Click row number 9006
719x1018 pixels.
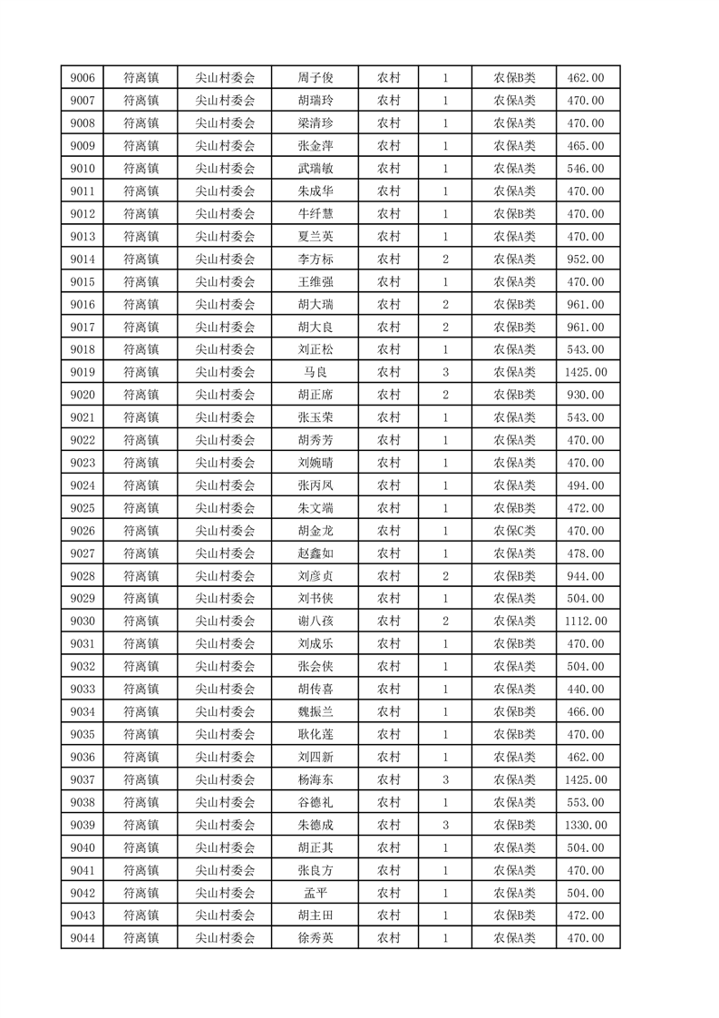pyautogui.click(x=82, y=78)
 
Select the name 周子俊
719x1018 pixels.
pyautogui.click(x=315, y=78)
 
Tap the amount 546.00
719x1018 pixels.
pyautogui.click(x=585, y=169)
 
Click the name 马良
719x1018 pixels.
pyautogui.click(x=315, y=372)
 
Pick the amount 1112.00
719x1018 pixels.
pyautogui.click(x=585, y=622)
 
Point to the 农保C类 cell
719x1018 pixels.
pyautogui.click(x=514, y=531)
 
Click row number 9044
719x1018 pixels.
pyautogui.click(x=82, y=938)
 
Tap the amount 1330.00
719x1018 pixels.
pyautogui.click(x=585, y=825)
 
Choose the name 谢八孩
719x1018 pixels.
pyautogui.click(x=315, y=622)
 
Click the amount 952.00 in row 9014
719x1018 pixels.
pyautogui.click(x=585, y=259)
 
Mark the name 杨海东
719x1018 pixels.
pyautogui.click(x=315, y=779)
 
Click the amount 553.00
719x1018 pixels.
pyautogui.click(x=585, y=802)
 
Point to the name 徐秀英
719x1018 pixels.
pyautogui.click(x=315, y=938)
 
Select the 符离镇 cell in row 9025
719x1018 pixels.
pyautogui.click(x=141, y=508)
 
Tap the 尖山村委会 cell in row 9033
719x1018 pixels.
pyautogui.click(x=226, y=690)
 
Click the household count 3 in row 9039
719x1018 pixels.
pyautogui.click(x=445, y=825)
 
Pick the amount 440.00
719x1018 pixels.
pyautogui.click(x=585, y=690)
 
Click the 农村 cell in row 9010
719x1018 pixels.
pyautogui.click(x=388, y=169)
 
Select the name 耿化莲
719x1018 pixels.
pyautogui.click(x=315, y=735)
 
